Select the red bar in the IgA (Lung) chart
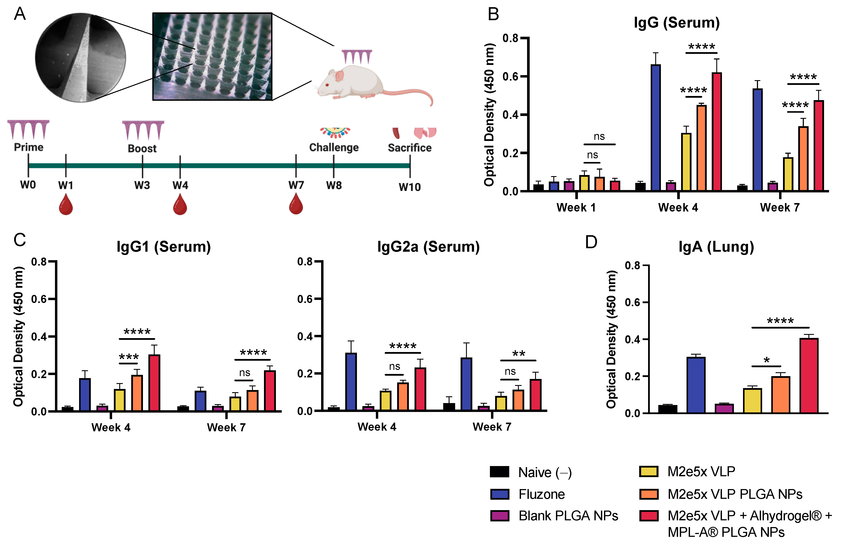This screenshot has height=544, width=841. click(x=809, y=376)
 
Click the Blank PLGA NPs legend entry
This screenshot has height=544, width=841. click(x=568, y=516)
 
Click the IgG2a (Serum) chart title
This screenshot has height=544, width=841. click(x=428, y=246)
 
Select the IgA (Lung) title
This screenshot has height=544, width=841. click(x=716, y=246)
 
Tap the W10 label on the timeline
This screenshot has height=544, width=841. click(x=410, y=187)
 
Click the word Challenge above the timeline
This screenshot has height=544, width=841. click(x=334, y=147)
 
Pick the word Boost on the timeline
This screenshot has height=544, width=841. click(x=142, y=148)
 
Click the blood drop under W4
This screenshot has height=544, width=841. click(x=180, y=206)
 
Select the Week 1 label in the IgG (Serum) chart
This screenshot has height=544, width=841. click(x=576, y=207)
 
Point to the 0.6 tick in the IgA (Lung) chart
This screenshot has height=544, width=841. click(x=632, y=302)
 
